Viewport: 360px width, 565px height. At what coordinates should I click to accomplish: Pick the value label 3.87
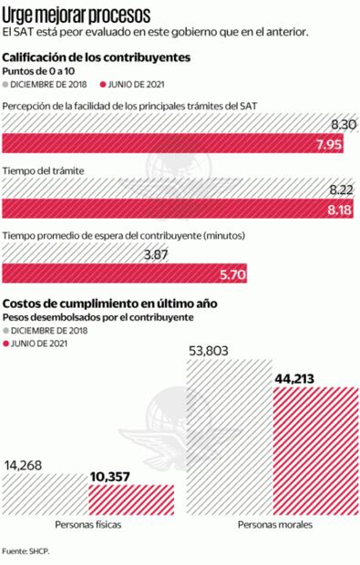(x=156, y=255)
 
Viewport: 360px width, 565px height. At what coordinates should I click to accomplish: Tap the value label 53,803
(x=211, y=350)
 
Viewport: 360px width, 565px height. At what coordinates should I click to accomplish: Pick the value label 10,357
(x=114, y=476)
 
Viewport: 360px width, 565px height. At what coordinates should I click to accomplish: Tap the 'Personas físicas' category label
(x=88, y=526)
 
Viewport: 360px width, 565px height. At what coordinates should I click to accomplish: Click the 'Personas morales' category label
(x=275, y=526)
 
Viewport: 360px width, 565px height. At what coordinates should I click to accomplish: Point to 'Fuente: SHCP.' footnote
(x=26, y=550)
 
